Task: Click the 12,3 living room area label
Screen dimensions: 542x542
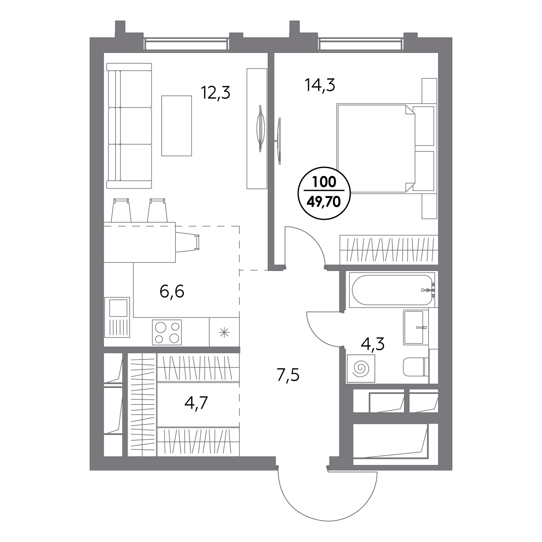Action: [216, 93]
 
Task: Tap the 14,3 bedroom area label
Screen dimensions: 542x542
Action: [320, 85]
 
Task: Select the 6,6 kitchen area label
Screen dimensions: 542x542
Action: [172, 292]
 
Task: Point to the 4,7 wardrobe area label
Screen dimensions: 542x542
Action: [196, 403]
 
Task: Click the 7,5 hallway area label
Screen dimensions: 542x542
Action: [288, 375]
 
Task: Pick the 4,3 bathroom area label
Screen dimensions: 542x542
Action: [372, 344]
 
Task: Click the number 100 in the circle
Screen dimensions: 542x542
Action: [324, 182]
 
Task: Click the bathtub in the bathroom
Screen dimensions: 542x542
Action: [392, 290]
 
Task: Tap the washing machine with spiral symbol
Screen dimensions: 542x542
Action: [361, 369]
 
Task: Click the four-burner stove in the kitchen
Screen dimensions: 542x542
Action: [167, 332]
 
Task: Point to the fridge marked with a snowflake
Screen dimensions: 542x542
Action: [224, 332]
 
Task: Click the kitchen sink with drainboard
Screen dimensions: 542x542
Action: [117, 317]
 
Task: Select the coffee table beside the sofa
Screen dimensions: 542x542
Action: [176, 126]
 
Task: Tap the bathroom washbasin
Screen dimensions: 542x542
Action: [413, 327]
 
